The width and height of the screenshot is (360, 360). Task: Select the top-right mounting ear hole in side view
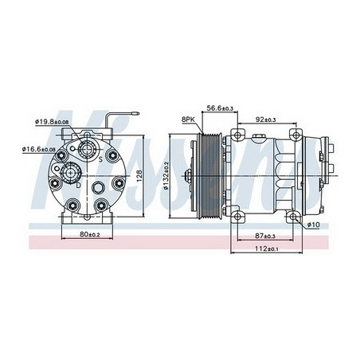click(293, 131)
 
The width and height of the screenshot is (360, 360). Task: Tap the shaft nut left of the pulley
click(192, 175)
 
